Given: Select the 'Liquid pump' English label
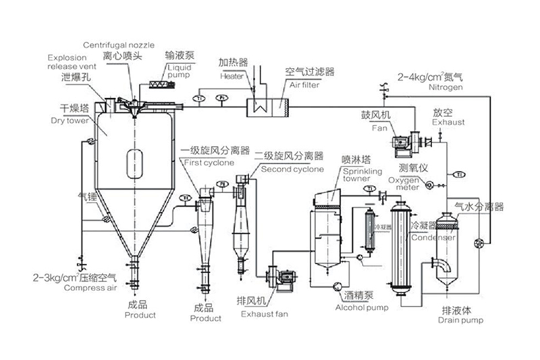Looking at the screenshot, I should pyautogui.click(x=180, y=72).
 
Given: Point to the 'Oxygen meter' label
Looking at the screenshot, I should pyautogui.click(x=404, y=184).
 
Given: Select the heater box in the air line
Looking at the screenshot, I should pyautogui.click(x=258, y=105).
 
